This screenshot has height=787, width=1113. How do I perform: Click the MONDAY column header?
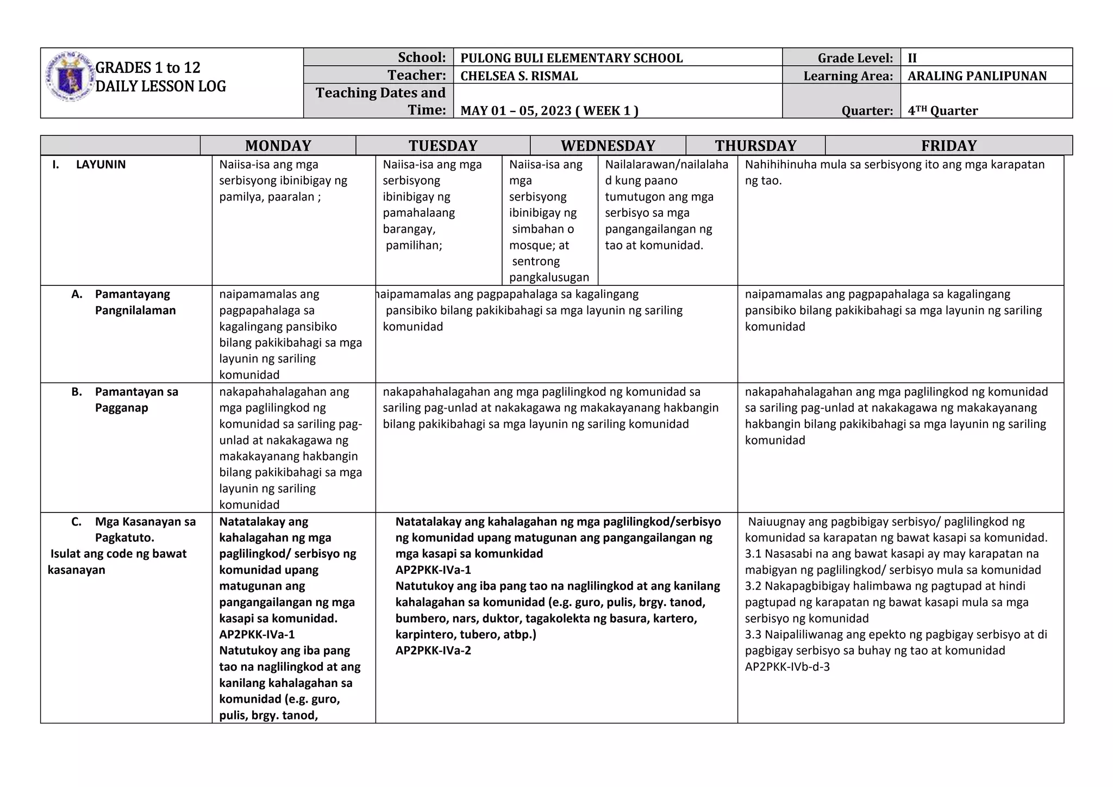278,146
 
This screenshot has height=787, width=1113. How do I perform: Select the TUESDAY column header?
443,146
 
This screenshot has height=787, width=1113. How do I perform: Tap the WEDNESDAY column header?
608,146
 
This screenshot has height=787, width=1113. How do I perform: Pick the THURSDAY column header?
755,146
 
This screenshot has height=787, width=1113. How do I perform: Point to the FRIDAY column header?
948,146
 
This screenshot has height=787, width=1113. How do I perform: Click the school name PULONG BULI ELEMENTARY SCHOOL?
571,58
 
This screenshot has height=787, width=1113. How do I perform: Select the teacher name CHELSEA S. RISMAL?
518,76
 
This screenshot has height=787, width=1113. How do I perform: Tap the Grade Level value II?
912,58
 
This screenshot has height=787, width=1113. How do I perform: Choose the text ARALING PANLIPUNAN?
977,76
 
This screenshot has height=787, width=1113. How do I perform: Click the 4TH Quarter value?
942,111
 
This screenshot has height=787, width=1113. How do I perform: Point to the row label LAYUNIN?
101,165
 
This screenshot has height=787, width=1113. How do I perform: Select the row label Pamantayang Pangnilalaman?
135,302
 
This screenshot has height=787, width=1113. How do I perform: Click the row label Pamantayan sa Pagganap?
136,399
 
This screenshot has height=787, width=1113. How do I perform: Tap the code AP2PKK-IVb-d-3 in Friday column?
787,667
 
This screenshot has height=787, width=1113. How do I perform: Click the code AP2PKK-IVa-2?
433,651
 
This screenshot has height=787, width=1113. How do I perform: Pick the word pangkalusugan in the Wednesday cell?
549,278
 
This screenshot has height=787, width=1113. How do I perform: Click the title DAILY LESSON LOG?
160,86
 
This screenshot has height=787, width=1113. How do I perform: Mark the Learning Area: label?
848,76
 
